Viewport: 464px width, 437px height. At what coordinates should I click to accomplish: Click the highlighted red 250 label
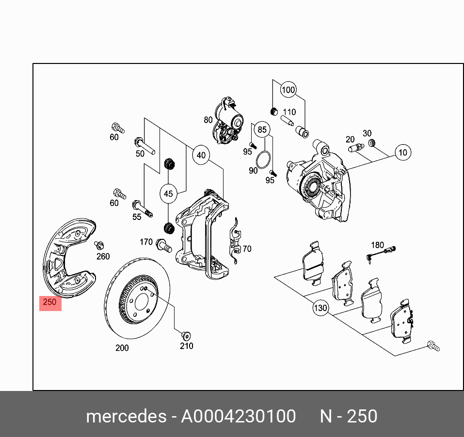point(50,303)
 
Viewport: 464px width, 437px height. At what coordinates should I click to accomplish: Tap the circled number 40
point(201,156)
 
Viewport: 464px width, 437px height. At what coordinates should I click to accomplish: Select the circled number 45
point(168,194)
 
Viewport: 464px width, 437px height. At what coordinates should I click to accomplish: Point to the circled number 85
point(262,129)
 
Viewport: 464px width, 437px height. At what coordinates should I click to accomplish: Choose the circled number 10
point(402,153)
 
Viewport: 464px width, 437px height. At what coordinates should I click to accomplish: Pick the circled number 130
point(320,308)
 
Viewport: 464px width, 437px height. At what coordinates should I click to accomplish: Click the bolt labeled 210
point(185,335)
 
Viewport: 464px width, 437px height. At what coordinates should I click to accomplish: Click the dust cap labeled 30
point(372,143)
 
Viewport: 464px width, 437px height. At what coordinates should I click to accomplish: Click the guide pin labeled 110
point(287,119)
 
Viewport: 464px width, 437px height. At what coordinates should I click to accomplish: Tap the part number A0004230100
point(238,416)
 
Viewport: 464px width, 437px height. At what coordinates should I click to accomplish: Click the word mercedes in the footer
point(125,416)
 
